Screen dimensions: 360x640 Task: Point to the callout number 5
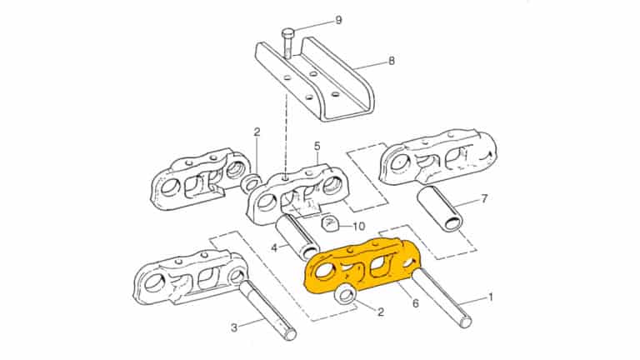(x=317, y=146)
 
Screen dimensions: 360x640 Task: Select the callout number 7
(x=483, y=199)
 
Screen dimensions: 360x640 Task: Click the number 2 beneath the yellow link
(x=381, y=312)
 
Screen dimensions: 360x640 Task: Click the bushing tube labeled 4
(x=296, y=235)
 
